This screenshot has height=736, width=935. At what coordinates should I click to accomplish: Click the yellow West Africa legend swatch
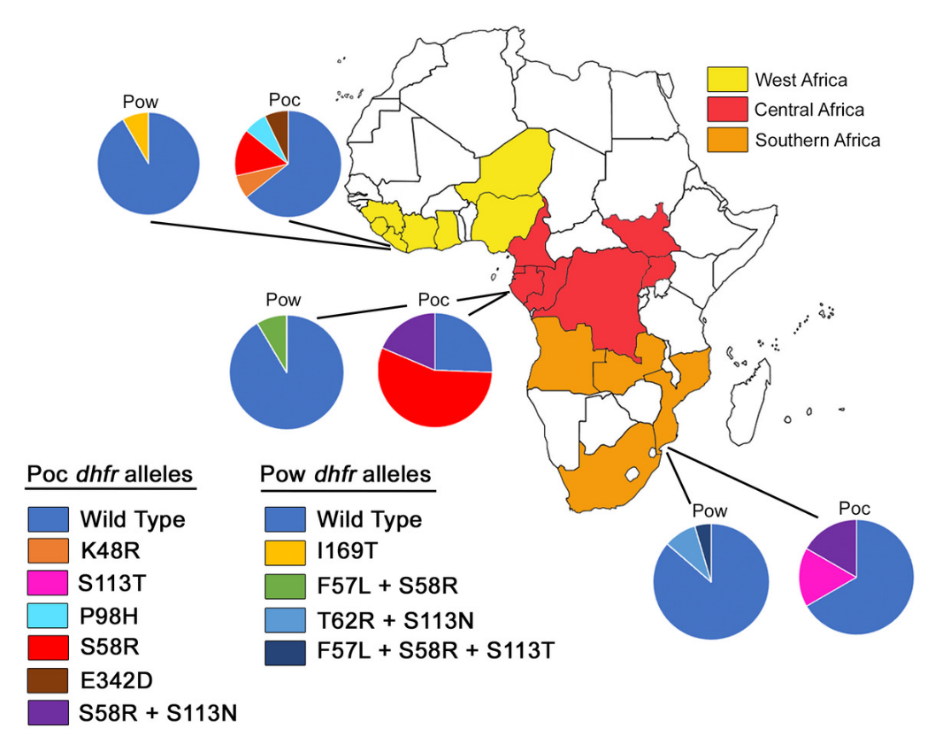point(728,80)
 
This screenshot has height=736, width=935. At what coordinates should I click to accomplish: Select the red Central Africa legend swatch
point(728,110)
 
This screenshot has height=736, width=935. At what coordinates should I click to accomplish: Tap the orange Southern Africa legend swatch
point(728,140)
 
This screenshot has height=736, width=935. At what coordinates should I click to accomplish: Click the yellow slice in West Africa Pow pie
point(138,123)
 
